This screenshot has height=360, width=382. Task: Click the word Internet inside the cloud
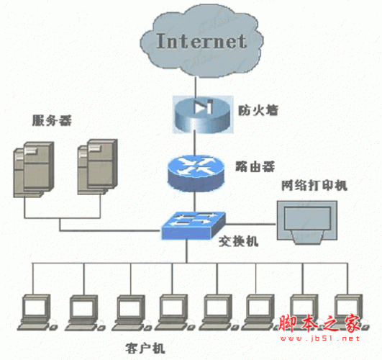[201, 41]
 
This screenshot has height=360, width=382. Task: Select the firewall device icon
[203, 114]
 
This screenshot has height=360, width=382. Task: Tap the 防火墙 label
[258, 110]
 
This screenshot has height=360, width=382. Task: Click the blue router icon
[196, 174]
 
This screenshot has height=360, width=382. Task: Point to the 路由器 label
[255, 166]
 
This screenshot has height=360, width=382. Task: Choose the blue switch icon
[194, 225]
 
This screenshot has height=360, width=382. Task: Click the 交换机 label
[238, 241]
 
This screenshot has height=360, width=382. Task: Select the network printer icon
[307, 222]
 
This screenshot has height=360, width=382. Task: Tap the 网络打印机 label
[314, 185]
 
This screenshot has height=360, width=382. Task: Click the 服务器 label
[52, 120]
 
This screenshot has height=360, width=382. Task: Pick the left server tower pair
[34, 169]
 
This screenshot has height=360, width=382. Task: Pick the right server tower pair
[97, 167]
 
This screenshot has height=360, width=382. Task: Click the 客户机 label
[145, 348]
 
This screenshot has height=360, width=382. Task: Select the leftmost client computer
[37, 312]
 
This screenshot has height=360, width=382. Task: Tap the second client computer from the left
[85, 313]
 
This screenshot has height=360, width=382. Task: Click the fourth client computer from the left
[175, 312]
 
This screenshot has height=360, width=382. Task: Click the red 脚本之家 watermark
[319, 324]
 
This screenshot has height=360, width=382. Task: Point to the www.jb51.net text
[320, 338]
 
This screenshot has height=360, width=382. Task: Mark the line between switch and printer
[251, 224]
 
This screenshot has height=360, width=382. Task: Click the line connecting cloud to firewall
[195, 86]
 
